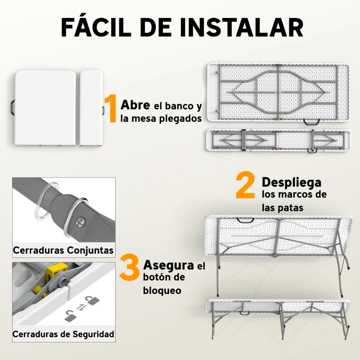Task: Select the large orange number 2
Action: pyautogui.click(x=245, y=187)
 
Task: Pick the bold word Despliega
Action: pyautogui.click(x=292, y=182)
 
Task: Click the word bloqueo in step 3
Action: pyautogui.click(x=162, y=291)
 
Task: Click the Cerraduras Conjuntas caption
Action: pyautogui.click(x=63, y=250)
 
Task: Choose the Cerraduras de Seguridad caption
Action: pyautogui.click(x=63, y=334)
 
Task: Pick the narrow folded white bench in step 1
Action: pyautogui.click(x=91, y=108)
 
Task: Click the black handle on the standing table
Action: pyautogui.click(x=246, y=220)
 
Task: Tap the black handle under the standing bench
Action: pyautogui.click(x=246, y=312)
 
